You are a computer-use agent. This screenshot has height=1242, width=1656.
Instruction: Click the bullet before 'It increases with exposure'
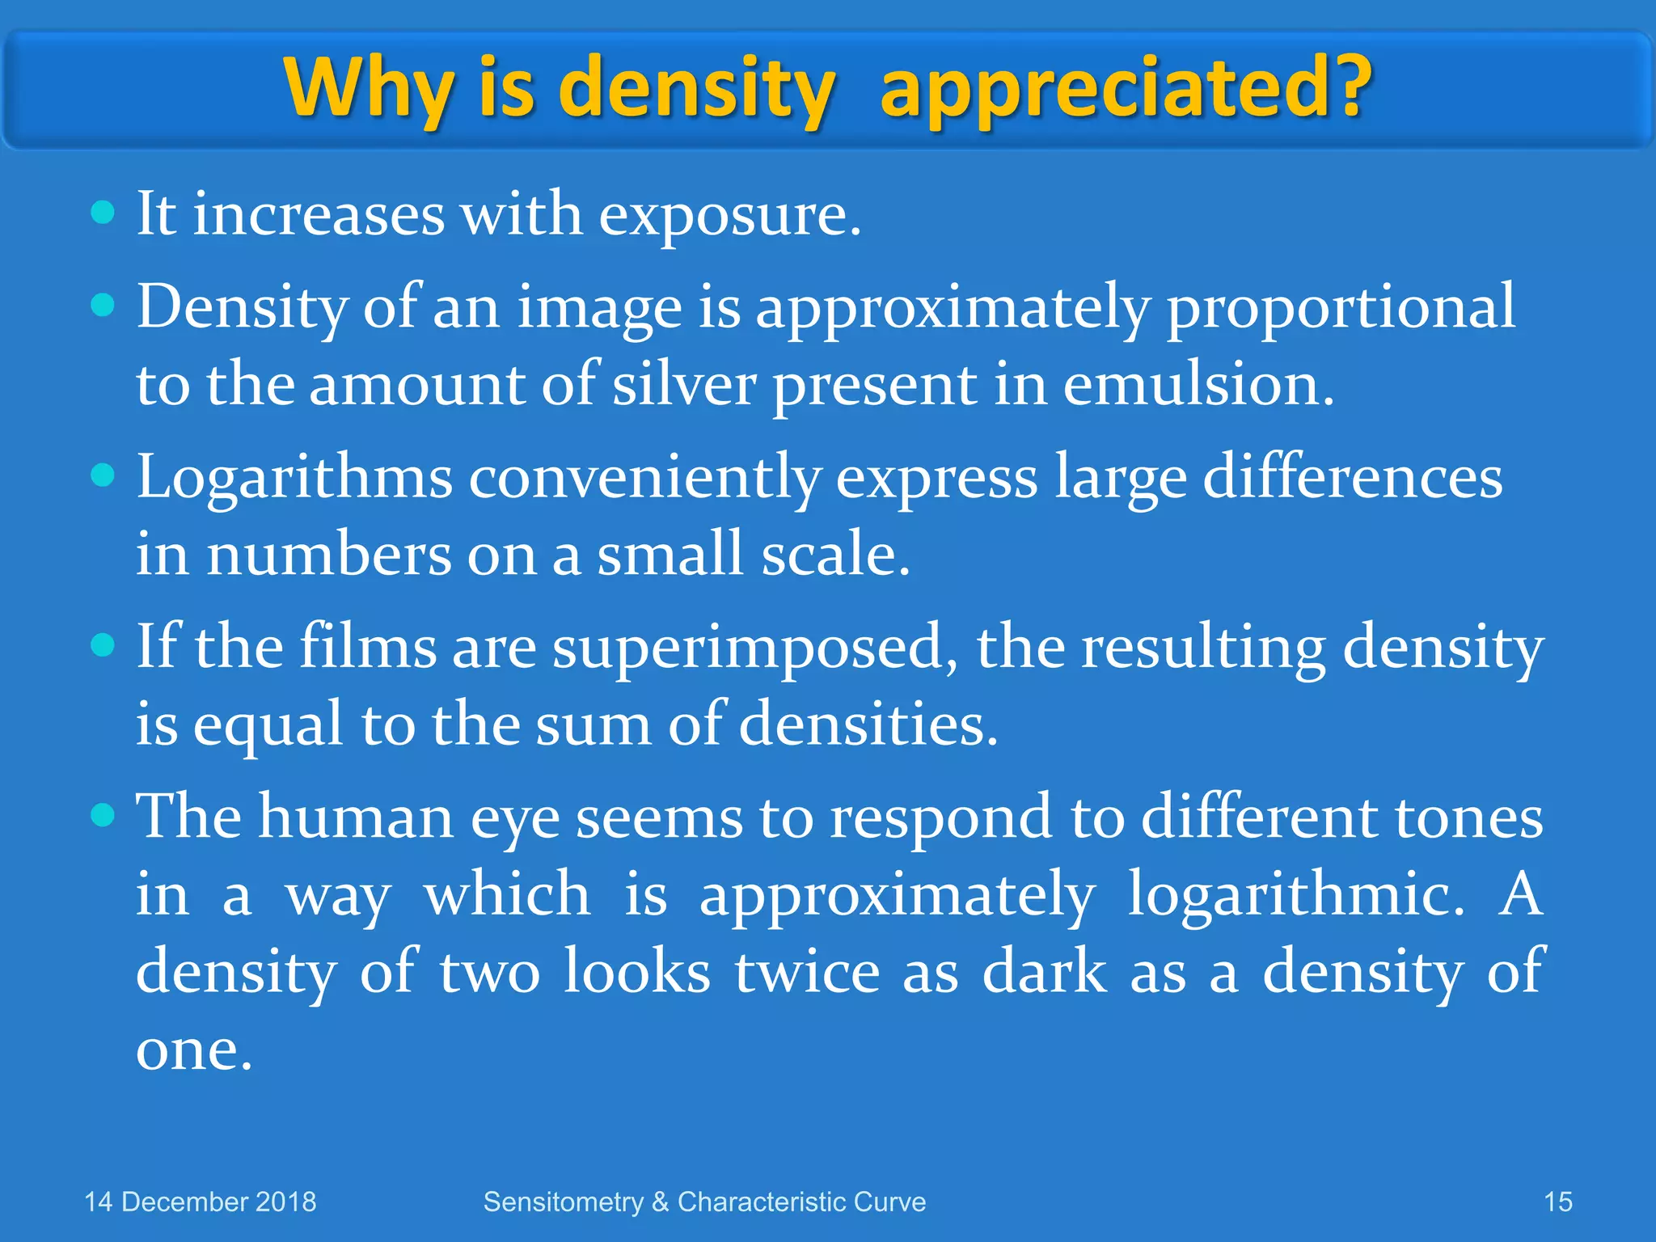tap(103, 214)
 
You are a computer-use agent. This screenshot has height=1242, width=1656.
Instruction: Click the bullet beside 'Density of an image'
tap(103, 306)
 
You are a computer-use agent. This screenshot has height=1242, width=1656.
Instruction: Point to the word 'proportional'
tap(1340, 309)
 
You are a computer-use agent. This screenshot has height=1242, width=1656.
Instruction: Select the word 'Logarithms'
tap(294, 479)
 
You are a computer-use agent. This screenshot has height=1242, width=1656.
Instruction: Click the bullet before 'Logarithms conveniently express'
tap(103, 475)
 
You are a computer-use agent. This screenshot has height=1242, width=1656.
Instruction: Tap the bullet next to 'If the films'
tap(103, 645)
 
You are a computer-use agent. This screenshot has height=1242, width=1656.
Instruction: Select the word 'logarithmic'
tap(1295, 895)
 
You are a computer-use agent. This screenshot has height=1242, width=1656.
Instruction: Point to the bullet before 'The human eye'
tap(103, 815)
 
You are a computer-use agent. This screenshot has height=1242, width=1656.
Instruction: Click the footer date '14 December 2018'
tap(201, 1202)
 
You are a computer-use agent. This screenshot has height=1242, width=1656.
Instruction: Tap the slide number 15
tap(1558, 1202)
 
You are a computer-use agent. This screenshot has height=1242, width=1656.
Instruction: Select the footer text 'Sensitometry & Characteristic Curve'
tap(704, 1202)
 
